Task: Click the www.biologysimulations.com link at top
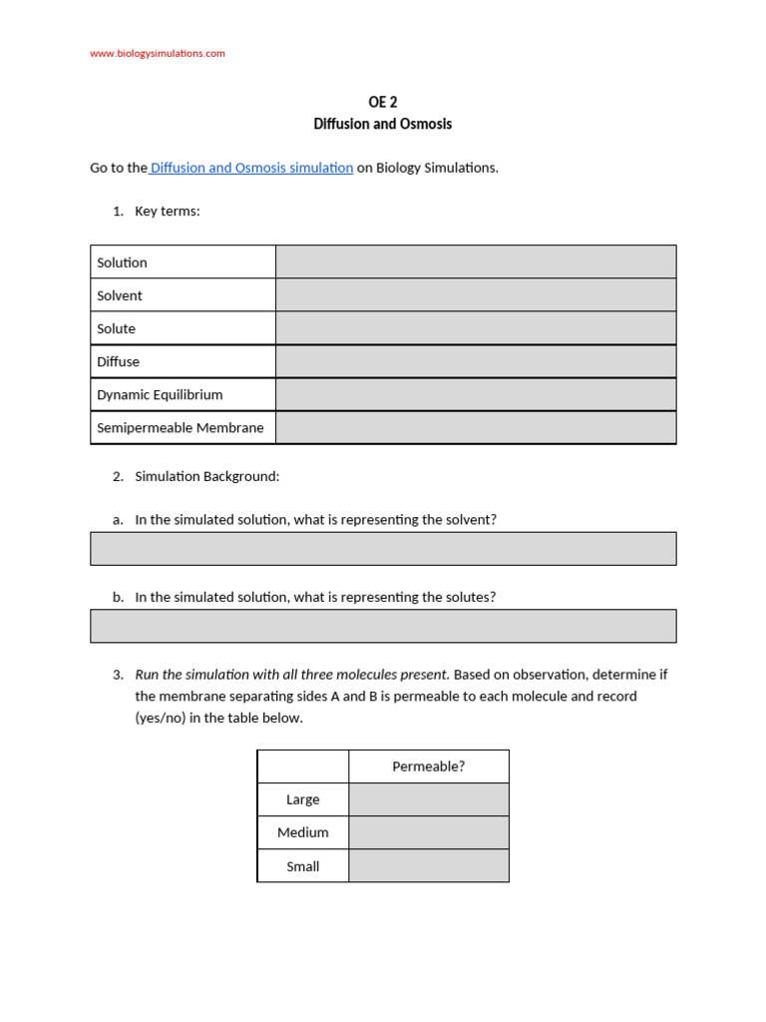(x=158, y=53)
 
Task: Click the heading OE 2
(x=383, y=102)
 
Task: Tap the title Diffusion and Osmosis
(x=383, y=124)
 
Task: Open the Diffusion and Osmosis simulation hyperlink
(x=251, y=168)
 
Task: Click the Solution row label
(x=122, y=262)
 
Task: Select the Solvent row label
(x=120, y=295)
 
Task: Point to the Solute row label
(x=116, y=328)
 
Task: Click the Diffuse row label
(x=118, y=361)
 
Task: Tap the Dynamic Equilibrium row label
(x=160, y=394)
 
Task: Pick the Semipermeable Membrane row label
(x=180, y=427)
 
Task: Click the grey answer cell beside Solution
(x=476, y=261)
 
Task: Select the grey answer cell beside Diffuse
(x=476, y=361)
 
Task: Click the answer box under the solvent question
(x=383, y=548)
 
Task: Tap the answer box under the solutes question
(x=383, y=626)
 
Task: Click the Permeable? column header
(x=429, y=766)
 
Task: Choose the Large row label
(x=303, y=799)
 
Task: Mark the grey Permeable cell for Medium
(x=429, y=832)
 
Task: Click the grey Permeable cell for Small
(x=429, y=865)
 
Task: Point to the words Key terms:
(x=168, y=211)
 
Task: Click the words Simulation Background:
(x=207, y=476)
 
